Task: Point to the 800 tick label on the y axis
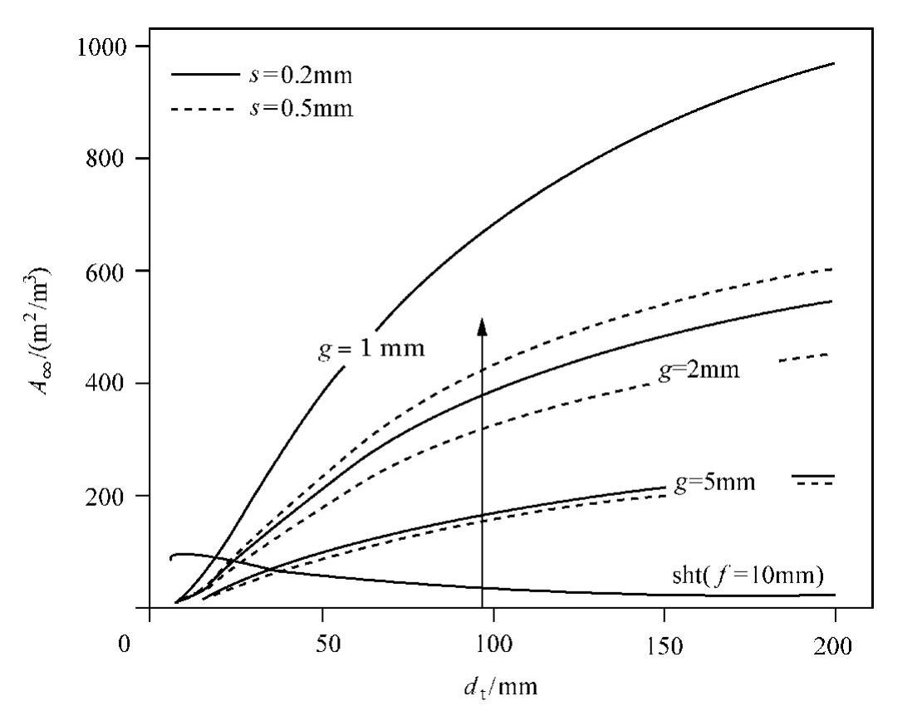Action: (108, 159)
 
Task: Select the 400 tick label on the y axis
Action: (108, 384)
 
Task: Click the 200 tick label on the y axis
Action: (108, 496)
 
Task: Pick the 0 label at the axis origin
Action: (125, 645)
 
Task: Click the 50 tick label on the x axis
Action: (321, 645)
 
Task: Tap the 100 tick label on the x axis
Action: (493, 645)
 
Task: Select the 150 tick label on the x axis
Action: (665, 645)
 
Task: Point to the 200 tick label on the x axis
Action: (836, 645)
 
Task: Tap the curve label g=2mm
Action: (698, 371)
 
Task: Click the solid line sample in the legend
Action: (204, 75)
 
